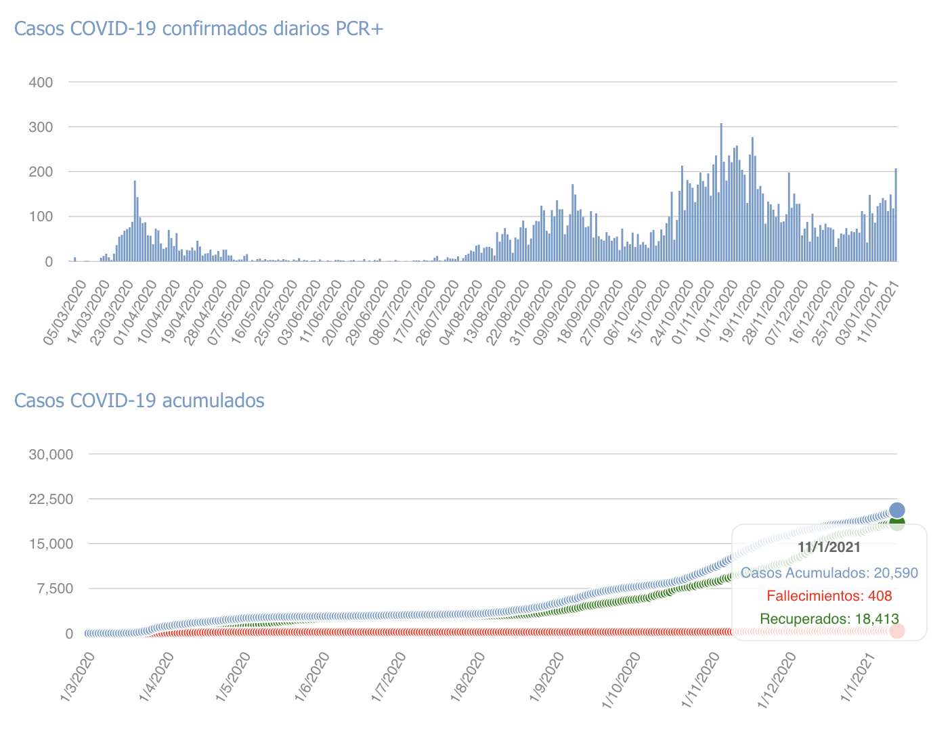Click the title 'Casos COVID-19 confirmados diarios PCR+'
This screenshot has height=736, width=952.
pos(198,29)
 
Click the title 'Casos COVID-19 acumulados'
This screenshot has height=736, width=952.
pos(139,401)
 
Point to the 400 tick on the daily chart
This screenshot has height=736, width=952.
pos(41,83)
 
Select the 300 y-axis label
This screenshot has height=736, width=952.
pos(41,127)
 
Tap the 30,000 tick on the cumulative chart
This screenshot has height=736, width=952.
pos(51,454)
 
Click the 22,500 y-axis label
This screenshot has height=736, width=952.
pos(51,499)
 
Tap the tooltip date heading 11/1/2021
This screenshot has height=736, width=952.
pos(829,547)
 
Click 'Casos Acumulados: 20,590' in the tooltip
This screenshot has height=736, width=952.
pos(829,573)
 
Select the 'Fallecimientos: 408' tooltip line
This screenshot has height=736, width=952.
pos(829,596)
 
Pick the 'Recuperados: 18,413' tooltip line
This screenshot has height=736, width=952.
pos(829,618)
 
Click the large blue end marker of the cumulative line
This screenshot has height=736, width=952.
pos(897,510)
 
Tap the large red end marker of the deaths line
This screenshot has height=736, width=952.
pos(897,630)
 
